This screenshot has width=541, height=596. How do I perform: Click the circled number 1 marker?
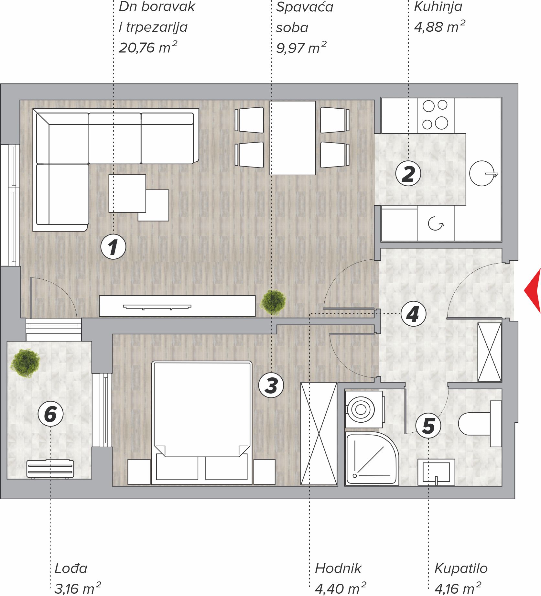[113, 247]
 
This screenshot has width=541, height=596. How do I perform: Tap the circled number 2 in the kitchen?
[408, 173]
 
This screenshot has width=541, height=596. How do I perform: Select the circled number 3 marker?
[271, 385]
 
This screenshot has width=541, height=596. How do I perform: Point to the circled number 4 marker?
[413, 314]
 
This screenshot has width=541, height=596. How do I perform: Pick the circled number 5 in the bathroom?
[428, 426]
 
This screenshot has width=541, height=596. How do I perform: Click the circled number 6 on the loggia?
[50, 414]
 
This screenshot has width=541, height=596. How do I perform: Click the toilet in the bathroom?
[480, 424]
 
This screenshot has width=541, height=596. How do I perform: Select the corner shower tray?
[372, 458]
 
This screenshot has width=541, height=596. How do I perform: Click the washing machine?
[364, 409]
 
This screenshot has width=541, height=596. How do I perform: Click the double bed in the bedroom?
[202, 423]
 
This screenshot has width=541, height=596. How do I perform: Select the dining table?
[293, 138]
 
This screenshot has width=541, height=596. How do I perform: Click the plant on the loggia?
[25, 363]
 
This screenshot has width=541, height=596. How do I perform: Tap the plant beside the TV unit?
[273, 302]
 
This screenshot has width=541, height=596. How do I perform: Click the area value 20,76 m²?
[148, 48]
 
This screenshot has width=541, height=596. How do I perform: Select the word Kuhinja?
[438, 7]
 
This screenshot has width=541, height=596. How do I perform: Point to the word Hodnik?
[338, 568]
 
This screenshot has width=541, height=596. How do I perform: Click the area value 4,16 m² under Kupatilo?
[458, 588]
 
